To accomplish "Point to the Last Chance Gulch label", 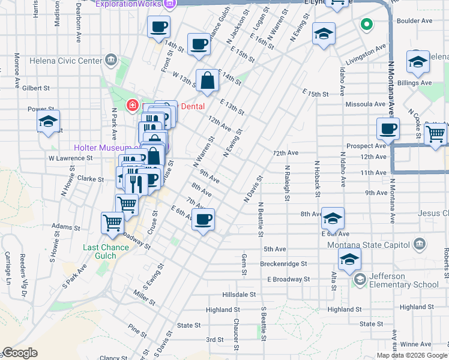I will [108, 247].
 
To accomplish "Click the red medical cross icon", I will [131, 106].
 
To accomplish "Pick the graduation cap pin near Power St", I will [47, 121].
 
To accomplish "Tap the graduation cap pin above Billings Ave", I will [418, 62].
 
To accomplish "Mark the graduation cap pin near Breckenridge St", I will [349, 259].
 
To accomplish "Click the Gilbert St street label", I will [37, 88].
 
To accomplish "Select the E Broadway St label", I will [289, 279].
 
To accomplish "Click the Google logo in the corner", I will [20, 353].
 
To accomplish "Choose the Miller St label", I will [145, 295].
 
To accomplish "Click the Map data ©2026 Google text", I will [411, 355].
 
